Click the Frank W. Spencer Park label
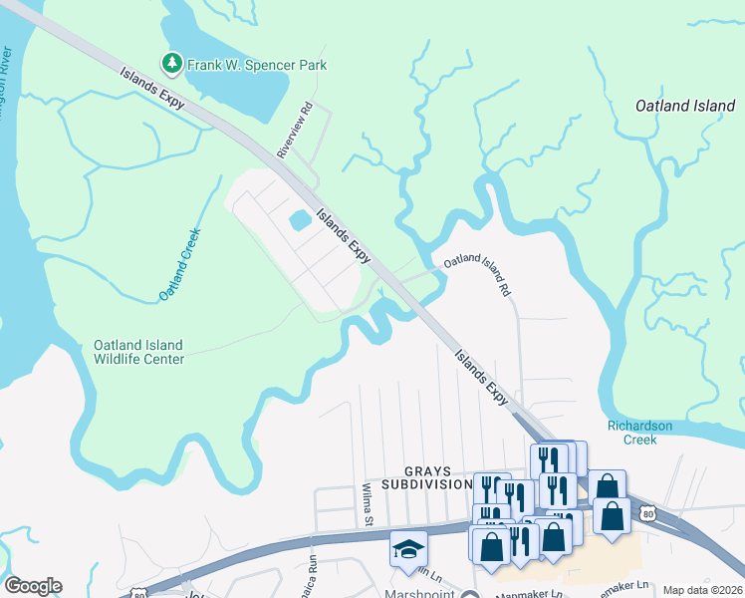pos(257,65)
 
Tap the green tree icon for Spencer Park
pos(173,64)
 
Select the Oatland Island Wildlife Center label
pos(138,352)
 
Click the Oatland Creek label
pos(180,265)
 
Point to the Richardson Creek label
pos(647,433)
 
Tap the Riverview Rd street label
pos(295,130)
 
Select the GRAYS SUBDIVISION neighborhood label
pos(437,477)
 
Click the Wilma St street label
pos(368,504)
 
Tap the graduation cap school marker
pos(408,551)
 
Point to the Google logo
pos(32,586)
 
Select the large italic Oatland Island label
pos(685,106)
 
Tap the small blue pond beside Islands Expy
pos(299,218)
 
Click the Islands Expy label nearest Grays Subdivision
pos(483,377)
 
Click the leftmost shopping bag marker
pos(490,545)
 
